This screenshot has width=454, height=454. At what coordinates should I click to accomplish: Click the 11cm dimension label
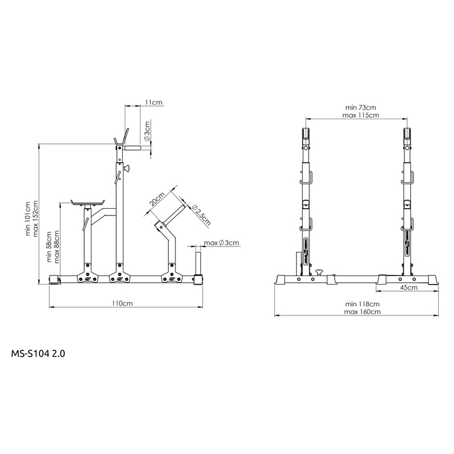click(x=154, y=103)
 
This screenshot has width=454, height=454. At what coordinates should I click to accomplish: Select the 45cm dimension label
click(x=409, y=288)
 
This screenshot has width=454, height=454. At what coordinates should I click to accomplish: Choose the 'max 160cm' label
click(x=362, y=312)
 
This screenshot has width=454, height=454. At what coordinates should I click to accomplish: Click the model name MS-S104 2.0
click(x=38, y=353)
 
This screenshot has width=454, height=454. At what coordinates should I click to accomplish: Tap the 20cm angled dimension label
click(x=156, y=201)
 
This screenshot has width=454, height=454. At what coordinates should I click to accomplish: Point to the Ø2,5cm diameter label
click(x=200, y=214)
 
